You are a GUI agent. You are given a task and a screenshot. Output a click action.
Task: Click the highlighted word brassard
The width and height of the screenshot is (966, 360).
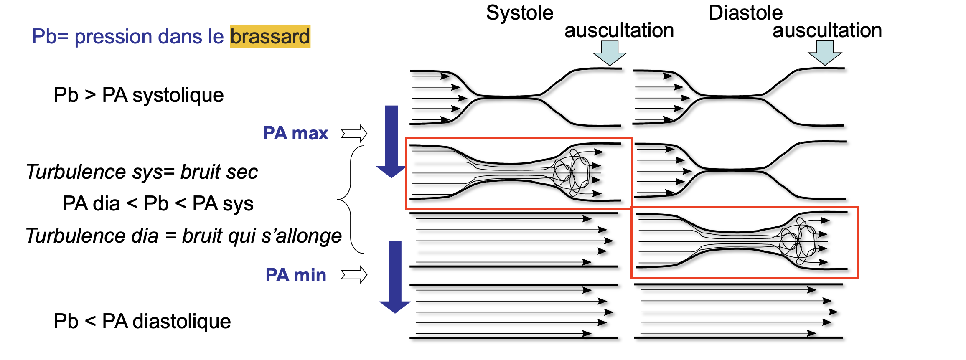[x=270, y=36]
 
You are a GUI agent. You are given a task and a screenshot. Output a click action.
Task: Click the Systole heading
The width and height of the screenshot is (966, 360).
[x=519, y=13]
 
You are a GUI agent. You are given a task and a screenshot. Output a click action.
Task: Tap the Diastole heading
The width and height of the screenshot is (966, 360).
[x=745, y=13]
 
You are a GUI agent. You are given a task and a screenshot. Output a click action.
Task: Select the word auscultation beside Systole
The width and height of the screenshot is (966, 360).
[x=619, y=30]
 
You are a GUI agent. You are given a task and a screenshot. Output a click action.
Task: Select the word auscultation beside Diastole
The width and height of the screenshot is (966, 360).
[x=827, y=30]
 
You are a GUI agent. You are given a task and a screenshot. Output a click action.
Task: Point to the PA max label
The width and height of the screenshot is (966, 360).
[x=295, y=133]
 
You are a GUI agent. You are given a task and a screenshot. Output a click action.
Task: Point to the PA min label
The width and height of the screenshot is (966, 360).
[x=295, y=275]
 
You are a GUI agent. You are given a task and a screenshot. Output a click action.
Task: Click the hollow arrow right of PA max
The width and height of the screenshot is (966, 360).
[x=354, y=134]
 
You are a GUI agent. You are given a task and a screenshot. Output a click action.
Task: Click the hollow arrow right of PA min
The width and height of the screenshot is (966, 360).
[x=354, y=275]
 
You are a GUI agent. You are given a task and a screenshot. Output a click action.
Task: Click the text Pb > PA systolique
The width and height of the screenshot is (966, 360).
[x=139, y=95]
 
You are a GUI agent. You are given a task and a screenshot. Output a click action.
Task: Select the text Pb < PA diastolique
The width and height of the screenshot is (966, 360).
[x=142, y=321]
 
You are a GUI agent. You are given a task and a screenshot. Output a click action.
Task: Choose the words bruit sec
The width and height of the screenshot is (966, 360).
[x=219, y=172]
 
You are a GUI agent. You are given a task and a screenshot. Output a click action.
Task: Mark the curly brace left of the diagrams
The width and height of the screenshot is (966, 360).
[x=350, y=200]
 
